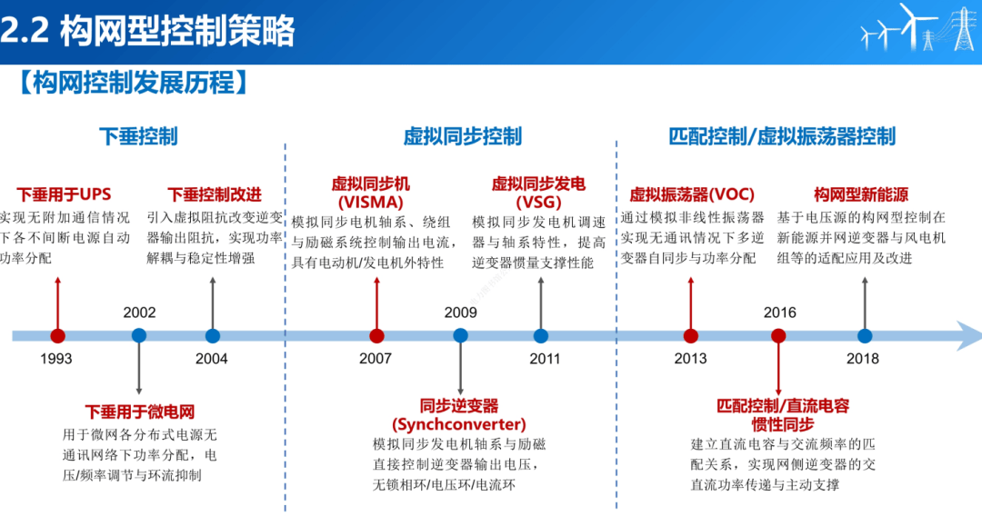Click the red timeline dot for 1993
click(57, 336)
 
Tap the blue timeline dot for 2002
click(138, 335)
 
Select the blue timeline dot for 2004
click(213, 336)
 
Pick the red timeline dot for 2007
click(376, 336)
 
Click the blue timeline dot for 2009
click(460, 335)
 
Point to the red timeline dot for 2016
click(778, 335)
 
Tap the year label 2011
click(545, 359)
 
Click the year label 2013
click(690, 359)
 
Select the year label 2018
click(863, 359)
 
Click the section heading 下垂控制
click(138, 136)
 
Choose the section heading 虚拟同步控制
click(463, 136)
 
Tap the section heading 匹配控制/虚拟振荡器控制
click(782, 136)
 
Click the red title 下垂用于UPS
click(63, 194)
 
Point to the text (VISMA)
click(370, 202)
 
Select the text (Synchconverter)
click(459, 424)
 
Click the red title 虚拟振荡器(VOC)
click(692, 194)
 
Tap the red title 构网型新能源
click(860, 194)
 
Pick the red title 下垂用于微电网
click(140, 412)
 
